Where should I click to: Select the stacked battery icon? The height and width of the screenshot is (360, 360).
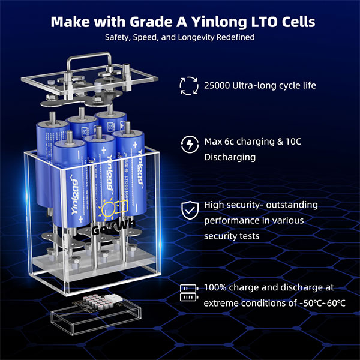click(188, 293)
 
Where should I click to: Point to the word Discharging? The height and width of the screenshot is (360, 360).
click(230, 157)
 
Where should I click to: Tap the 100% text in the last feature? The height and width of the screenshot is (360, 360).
click(216, 287)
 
